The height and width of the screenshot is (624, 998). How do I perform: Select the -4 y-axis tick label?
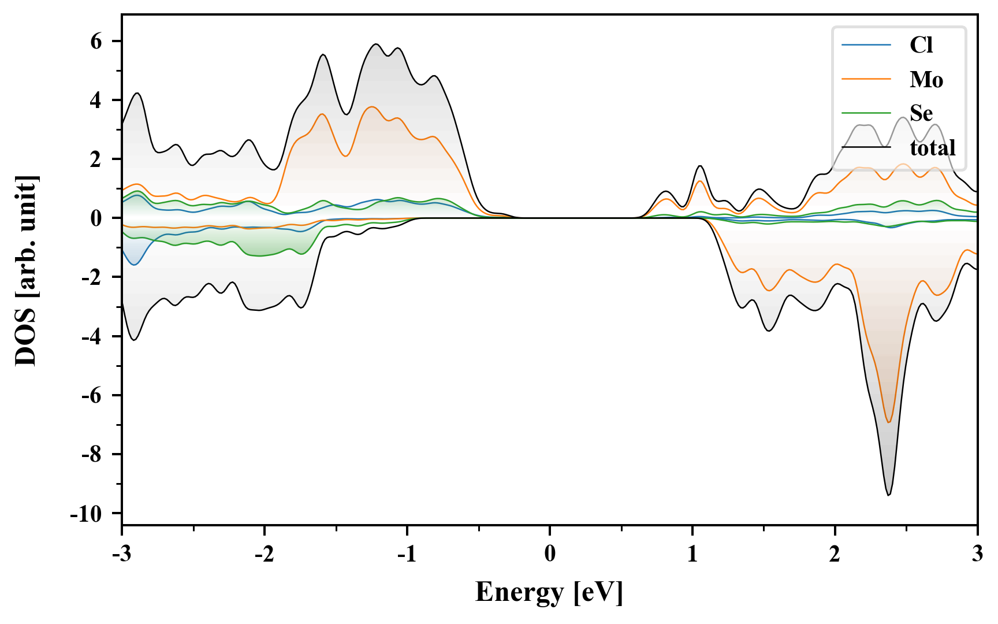click(x=91, y=336)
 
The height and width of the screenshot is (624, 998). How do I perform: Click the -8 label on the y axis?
click(x=91, y=455)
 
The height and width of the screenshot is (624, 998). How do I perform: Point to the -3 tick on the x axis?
click(x=121, y=554)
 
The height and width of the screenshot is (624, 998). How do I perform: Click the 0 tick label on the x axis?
click(x=550, y=554)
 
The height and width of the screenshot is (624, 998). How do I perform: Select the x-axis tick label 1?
click(x=692, y=554)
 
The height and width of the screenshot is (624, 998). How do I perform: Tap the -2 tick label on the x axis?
click(x=264, y=554)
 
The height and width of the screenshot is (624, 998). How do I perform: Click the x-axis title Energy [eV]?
click(x=549, y=592)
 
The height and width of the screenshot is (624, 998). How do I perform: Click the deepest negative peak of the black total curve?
click(x=889, y=495)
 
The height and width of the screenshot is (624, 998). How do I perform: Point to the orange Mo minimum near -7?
click(x=889, y=422)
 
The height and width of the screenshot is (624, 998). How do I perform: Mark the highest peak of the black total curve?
click(x=376, y=44)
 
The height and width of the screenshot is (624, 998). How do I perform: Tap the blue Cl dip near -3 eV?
click(x=135, y=265)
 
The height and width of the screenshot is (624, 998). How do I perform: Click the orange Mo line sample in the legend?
click(x=866, y=79)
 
